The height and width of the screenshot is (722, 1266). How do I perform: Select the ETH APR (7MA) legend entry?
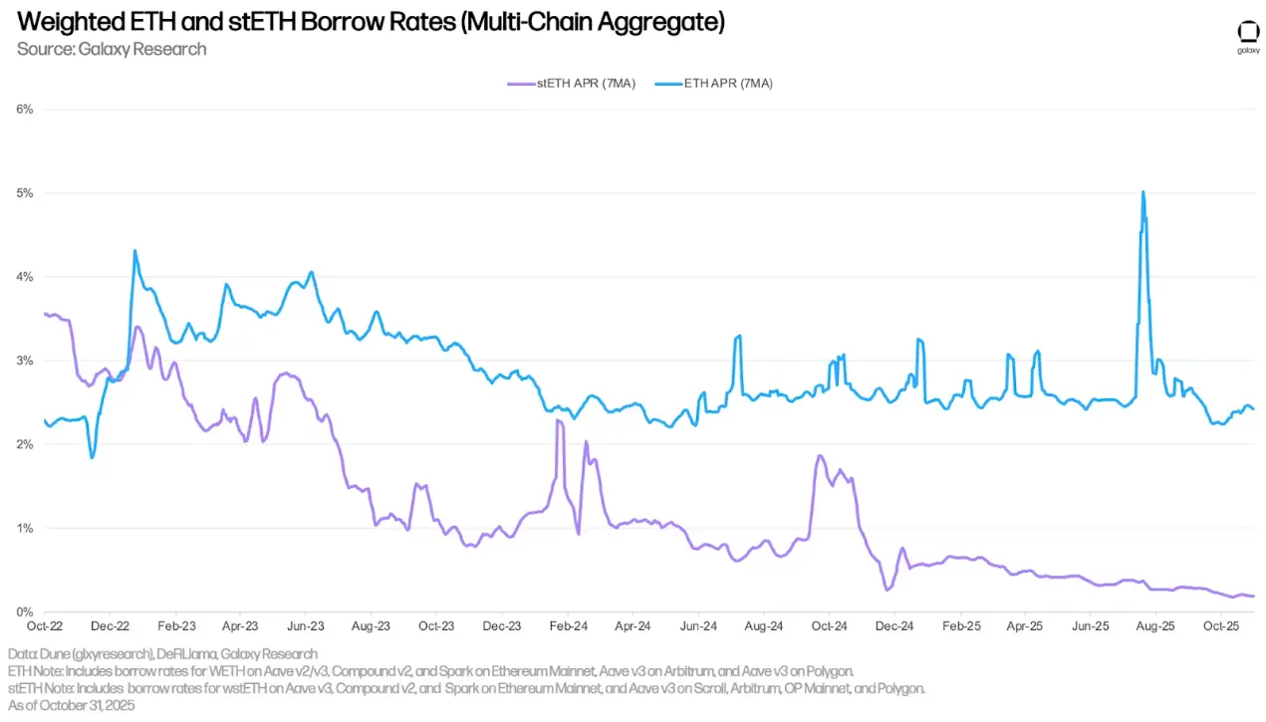[x=727, y=84]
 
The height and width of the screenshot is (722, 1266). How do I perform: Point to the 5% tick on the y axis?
[x=25, y=192]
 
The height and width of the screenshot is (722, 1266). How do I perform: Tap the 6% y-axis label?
[x=25, y=109]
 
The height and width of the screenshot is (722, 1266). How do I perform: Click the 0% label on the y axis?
[x=25, y=611]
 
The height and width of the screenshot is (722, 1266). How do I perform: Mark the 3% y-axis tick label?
[x=25, y=361]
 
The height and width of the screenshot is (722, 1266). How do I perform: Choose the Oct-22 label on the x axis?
[x=45, y=627]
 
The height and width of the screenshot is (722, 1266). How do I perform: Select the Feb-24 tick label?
[x=567, y=627]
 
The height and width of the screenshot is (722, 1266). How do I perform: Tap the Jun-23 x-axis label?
[x=305, y=627]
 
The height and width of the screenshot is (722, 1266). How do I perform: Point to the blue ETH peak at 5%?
[x=1142, y=192]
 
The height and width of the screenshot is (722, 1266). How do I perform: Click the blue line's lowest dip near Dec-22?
[x=92, y=457]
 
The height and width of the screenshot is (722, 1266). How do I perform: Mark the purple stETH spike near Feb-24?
[x=559, y=421]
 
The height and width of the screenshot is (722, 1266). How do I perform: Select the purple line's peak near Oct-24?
[x=820, y=456]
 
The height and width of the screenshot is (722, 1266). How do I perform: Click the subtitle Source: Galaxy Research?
[x=112, y=49]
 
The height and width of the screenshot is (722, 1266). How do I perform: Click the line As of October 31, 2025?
[x=71, y=705]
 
